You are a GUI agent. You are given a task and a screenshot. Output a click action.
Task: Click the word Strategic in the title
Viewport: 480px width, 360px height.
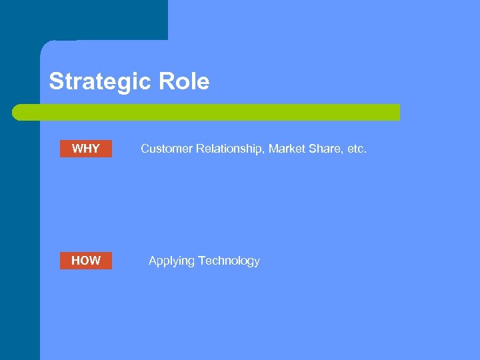pyautogui.click(x=101, y=82)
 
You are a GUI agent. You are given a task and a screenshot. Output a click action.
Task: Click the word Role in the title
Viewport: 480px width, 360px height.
pyautogui.click(x=183, y=82)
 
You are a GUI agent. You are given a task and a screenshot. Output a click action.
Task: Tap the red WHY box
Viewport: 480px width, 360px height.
pyautogui.click(x=86, y=149)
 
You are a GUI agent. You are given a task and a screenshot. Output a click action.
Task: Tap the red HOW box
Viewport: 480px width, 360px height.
pyautogui.click(x=86, y=261)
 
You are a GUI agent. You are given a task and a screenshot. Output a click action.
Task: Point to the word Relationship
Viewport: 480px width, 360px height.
pyautogui.click(x=230, y=149)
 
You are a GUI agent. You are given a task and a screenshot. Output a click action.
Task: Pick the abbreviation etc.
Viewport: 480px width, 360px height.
pyautogui.click(x=355, y=149)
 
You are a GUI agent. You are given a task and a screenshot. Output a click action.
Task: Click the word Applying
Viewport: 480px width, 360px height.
pyautogui.click(x=169, y=261)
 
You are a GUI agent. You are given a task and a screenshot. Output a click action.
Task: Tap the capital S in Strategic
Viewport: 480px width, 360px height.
pyautogui.click(x=56, y=82)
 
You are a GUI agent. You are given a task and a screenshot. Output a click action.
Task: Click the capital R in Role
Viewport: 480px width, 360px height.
pyautogui.click(x=165, y=82)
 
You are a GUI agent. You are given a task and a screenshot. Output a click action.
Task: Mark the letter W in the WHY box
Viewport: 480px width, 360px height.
pyautogui.click(x=77, y=149)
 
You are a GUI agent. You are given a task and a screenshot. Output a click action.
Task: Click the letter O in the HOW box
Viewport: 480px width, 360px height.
pyautogui.click(x=86, y=261)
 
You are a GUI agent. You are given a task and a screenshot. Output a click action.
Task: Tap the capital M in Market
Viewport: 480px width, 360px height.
pyautogui.click(x=273, y=149)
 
